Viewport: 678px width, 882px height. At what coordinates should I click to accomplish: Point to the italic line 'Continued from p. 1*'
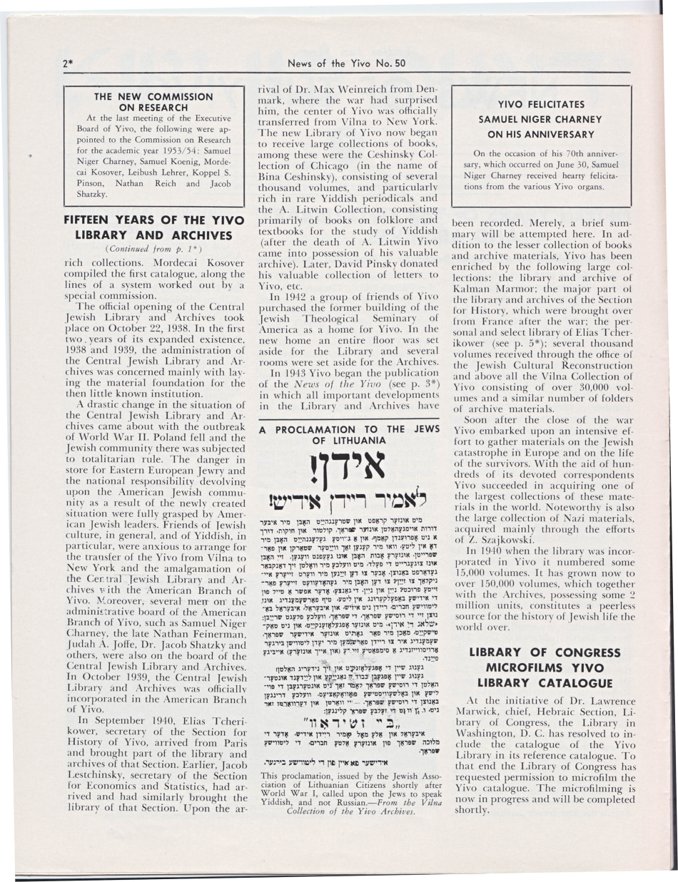pos(145,249)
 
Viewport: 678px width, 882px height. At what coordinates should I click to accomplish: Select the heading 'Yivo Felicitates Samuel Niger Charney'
pos(540,118)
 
